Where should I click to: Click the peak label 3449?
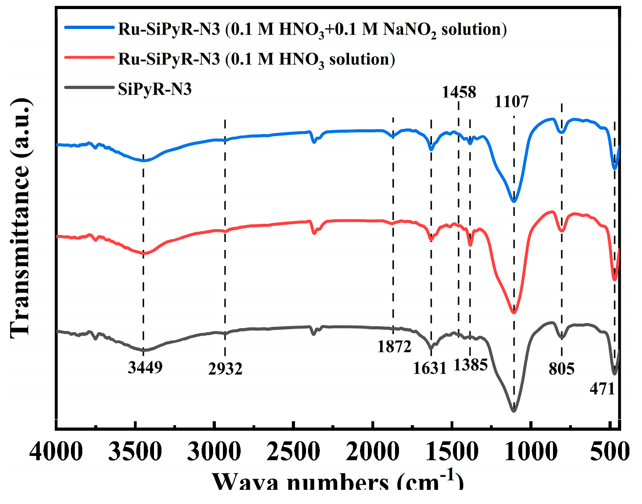145,367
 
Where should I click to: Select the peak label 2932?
225,369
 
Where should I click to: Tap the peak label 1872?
394,346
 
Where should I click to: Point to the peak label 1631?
429,368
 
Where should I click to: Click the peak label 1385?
470,365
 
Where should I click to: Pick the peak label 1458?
459,92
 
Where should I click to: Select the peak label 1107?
511,102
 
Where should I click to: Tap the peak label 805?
561,369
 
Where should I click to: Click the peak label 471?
602,389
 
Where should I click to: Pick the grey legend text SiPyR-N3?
155,89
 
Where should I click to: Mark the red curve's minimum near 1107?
513,312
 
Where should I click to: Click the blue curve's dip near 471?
614,168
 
